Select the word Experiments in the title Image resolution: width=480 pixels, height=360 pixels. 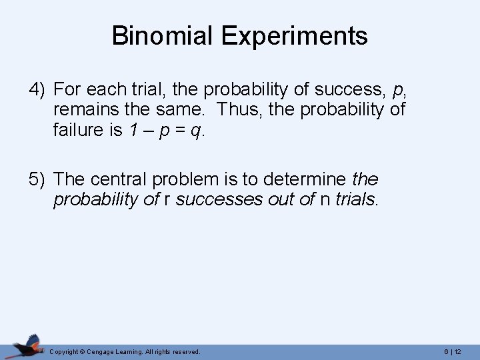[x=295, y=37]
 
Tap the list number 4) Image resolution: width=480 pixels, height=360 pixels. [x=38, y=89]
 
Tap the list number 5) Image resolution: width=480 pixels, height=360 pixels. [x=38, y=179]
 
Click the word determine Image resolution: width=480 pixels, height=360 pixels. [x=303, y=179]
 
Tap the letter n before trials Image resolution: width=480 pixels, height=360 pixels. [x=325, y=200]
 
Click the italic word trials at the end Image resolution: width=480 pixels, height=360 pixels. [x=356, y=199]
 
